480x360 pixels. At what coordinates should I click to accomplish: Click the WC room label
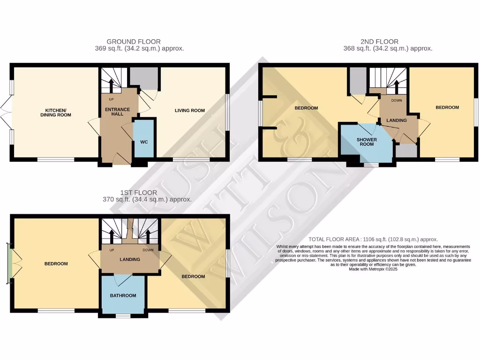tap(144, 142)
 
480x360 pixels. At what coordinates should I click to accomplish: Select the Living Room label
tap(190, 111)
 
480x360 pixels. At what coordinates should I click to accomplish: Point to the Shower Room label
tap(367, 142)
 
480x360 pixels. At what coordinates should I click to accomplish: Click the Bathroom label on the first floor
tap(123, 295)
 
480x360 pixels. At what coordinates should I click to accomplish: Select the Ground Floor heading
tap(134, 42)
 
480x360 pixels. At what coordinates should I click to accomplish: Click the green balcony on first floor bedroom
tap(8, 263)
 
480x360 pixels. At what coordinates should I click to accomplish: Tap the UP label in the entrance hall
tap(111, 99)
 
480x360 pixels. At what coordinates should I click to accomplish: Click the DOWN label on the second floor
tap(397, 100)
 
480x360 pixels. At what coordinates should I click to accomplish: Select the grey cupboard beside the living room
tap(143, 78)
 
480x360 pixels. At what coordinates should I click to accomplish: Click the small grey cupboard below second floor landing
tap(406, 151)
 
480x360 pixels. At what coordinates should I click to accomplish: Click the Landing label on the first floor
tap(130, 259)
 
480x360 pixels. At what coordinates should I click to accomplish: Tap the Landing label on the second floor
tap(397, 120)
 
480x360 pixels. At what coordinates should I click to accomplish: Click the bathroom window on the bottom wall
tap(123, 316)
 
